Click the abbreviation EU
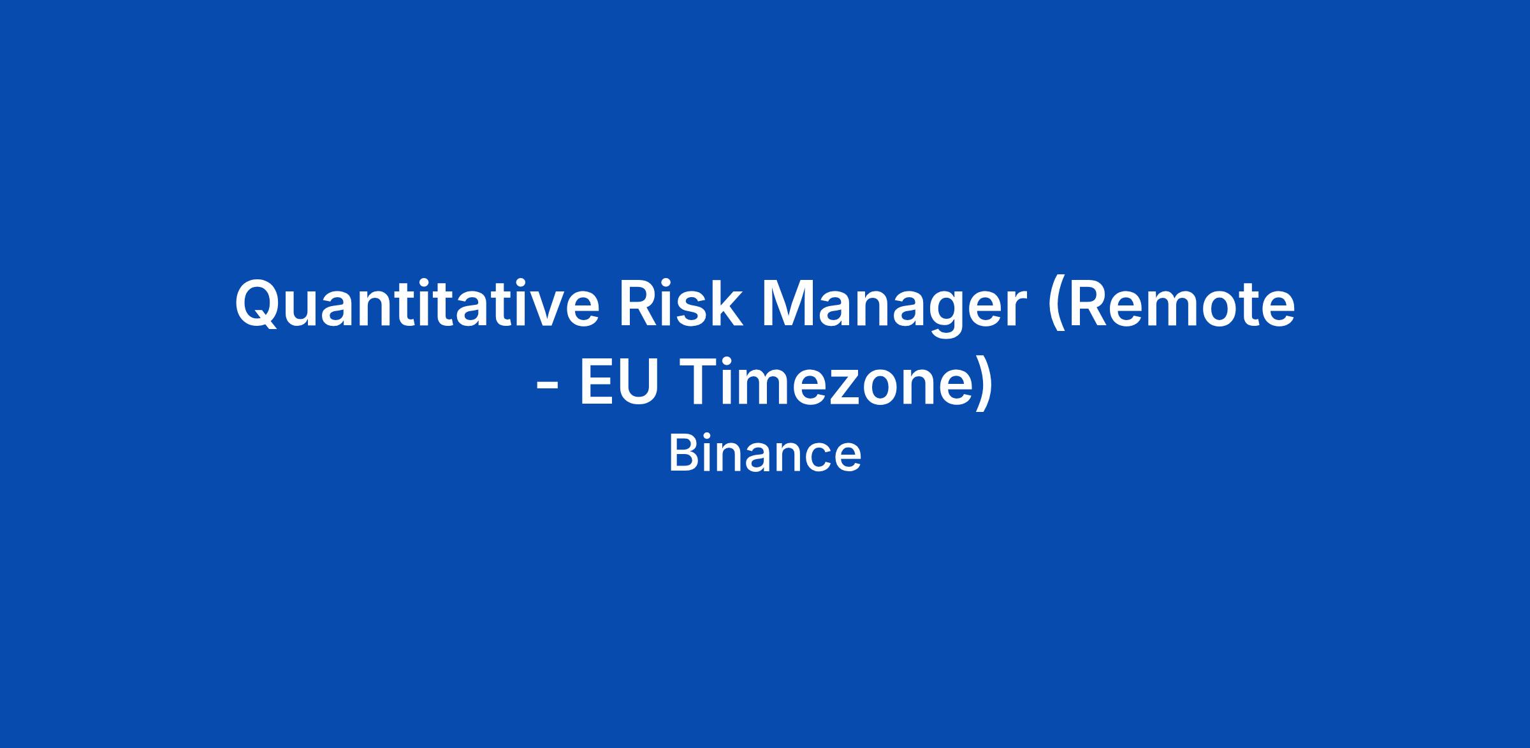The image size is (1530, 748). pos(618,384)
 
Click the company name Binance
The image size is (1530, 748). pos(765,454)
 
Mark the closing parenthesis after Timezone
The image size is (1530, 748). pos(984,384)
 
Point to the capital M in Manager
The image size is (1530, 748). pos(775,303)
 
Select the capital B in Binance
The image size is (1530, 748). pos(683,454)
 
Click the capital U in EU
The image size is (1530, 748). pos(637,383)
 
